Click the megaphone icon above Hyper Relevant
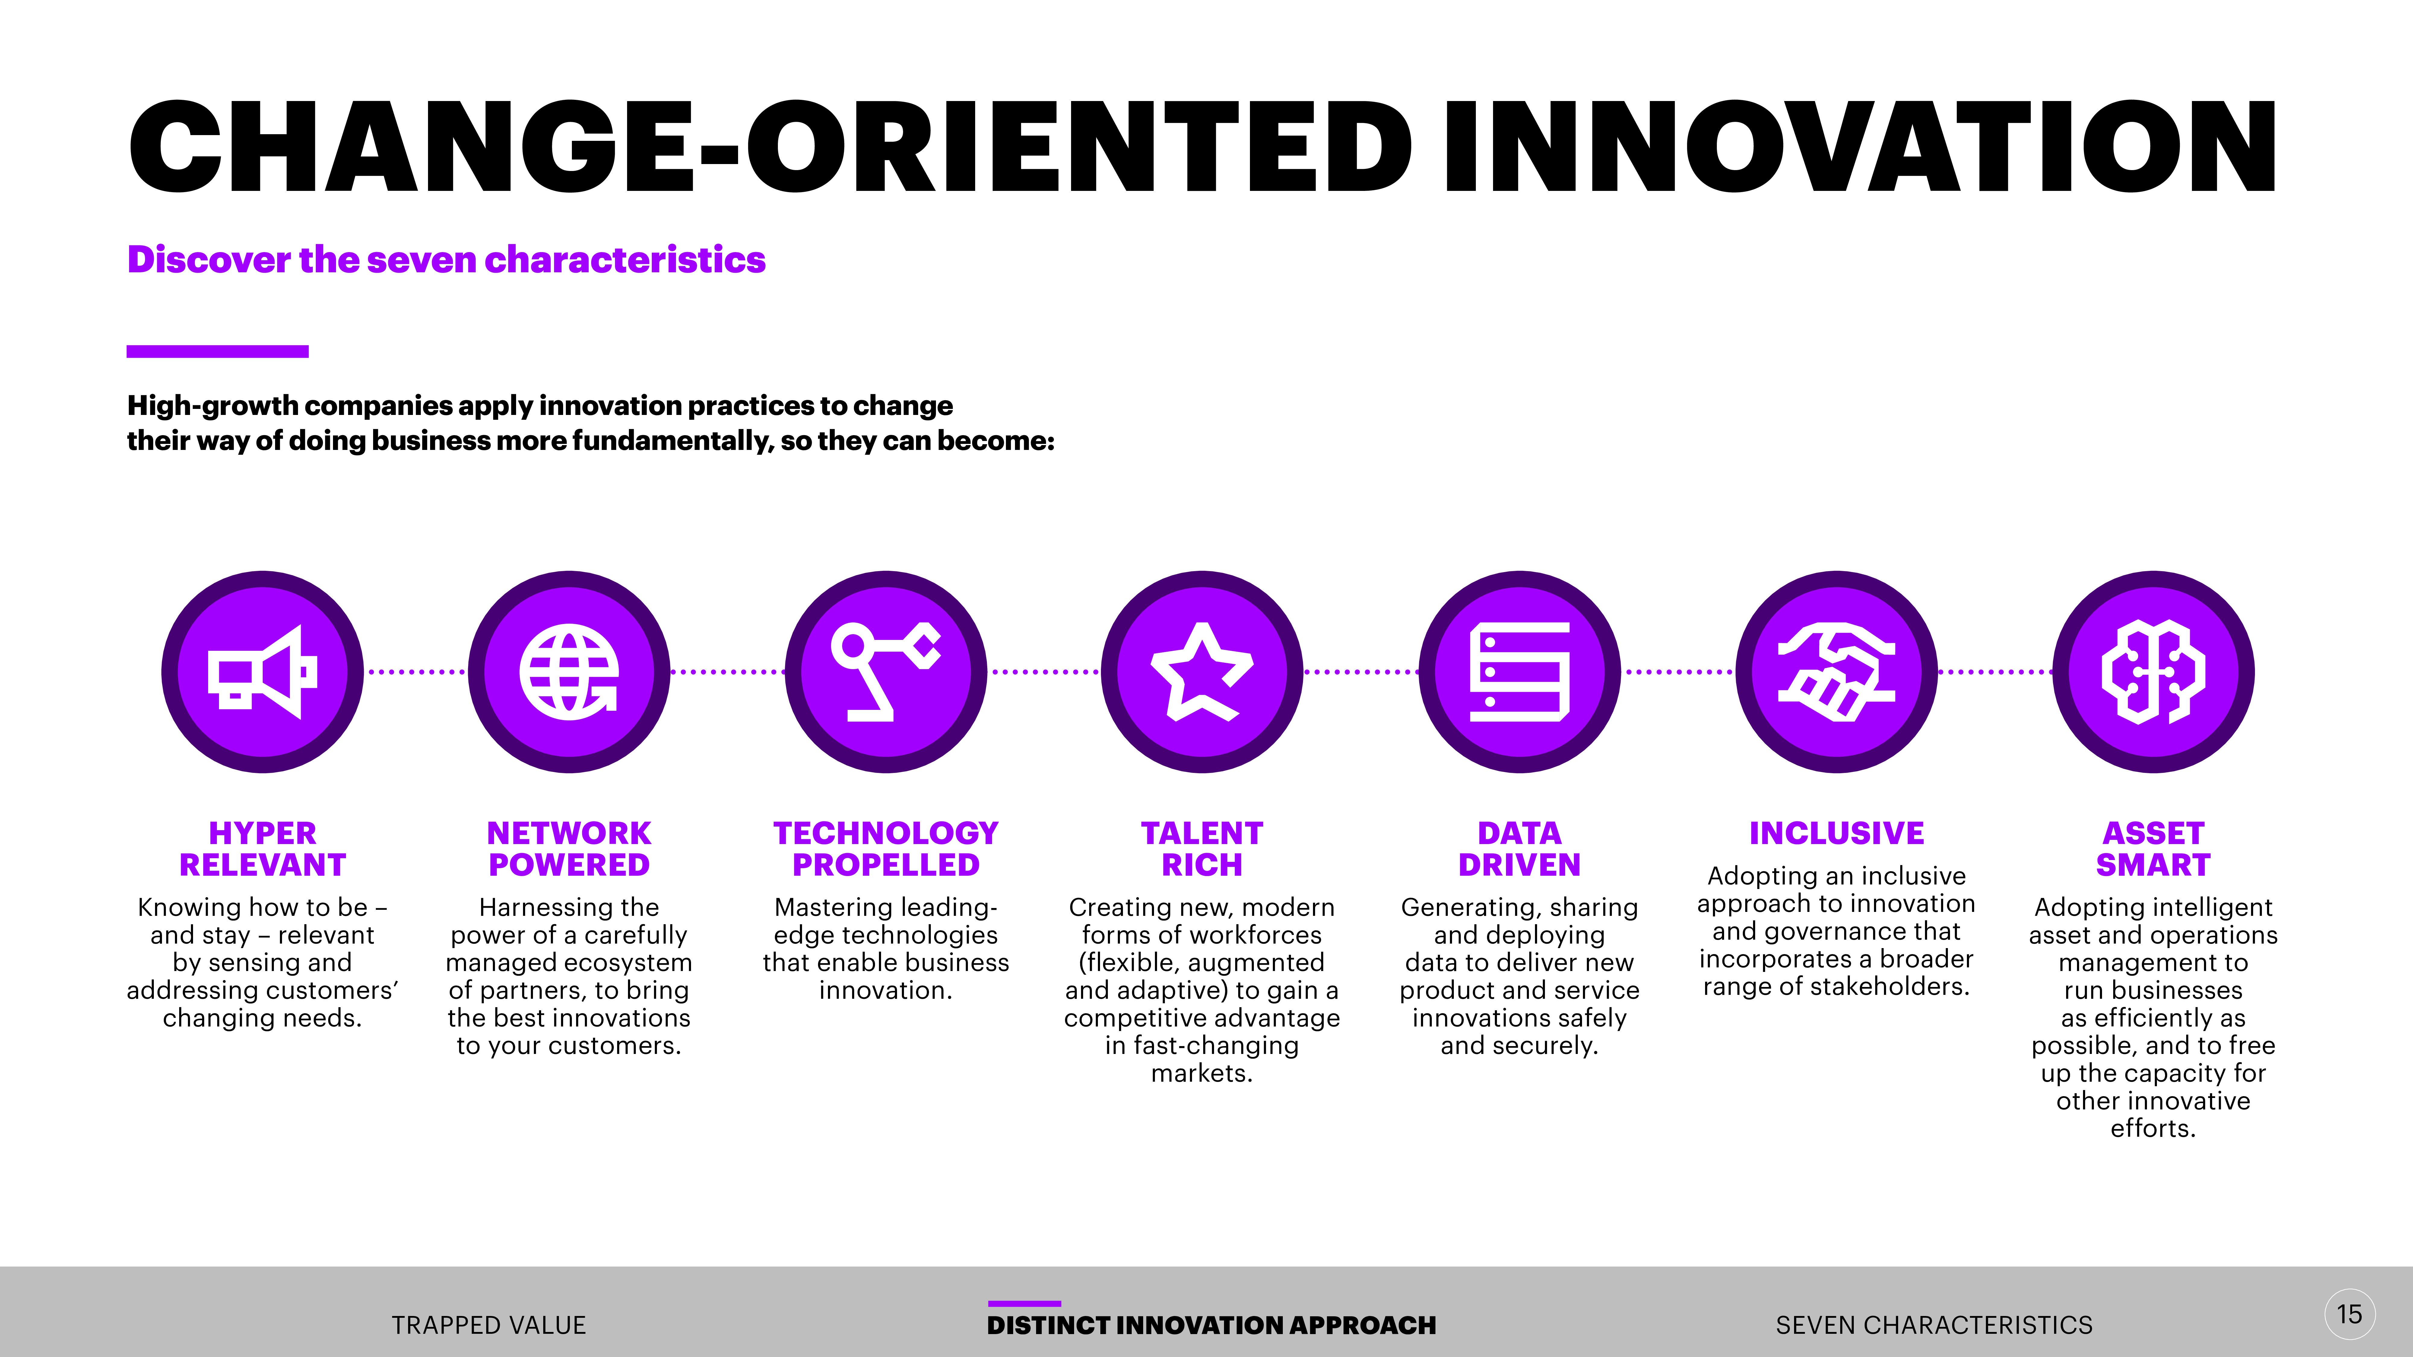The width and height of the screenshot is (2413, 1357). point(262,672)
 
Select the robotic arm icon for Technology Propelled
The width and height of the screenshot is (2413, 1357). point(885,672)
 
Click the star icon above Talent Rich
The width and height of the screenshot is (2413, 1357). point(1202,672)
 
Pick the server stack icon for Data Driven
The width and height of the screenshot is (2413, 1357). point(1519,672)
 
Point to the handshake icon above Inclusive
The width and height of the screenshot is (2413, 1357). point(1836,672)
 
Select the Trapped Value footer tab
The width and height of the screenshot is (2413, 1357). point(489,1325)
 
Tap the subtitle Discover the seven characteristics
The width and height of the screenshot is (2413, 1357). point(446,259)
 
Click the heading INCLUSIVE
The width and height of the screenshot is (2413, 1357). point(1836,833)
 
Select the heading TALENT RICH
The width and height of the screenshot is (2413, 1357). point(1202,849)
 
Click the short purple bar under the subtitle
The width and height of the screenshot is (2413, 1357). point(217,351)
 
